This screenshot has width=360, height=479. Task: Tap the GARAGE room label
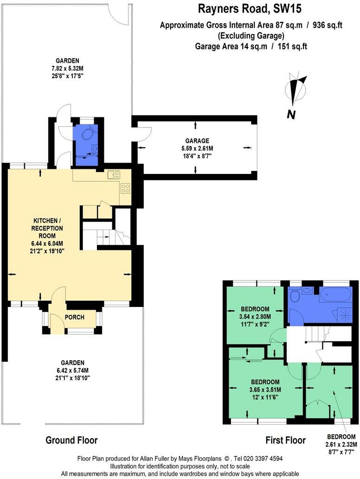click(x=195, y=141)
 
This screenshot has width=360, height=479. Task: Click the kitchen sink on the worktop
click(x=113, y=175)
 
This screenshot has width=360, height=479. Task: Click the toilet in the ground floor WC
click(x=89, y=134)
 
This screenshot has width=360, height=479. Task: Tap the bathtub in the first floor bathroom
click(x=334, y=295)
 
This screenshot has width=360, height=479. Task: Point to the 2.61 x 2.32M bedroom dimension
click(x=341, y=444)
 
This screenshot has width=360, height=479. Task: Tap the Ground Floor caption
click(x=71, y=440)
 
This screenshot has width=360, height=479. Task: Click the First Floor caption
click(x=285, y=440)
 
